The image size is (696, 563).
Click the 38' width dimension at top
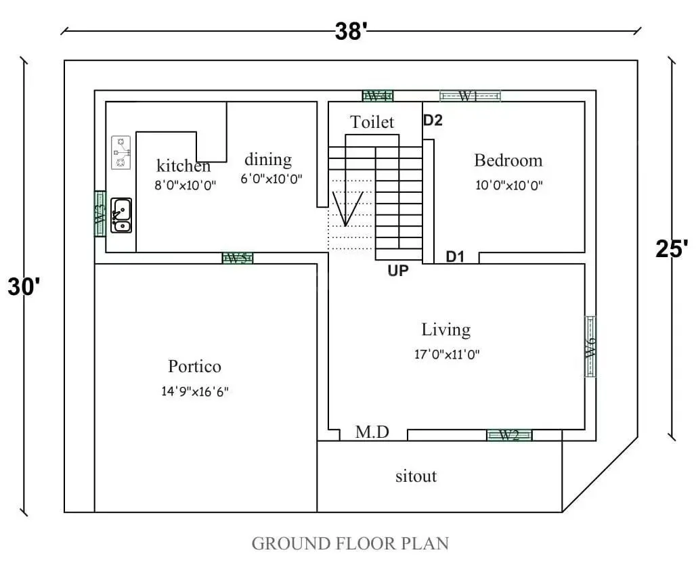pos(351,31)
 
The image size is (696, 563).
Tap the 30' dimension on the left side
pos(24,286)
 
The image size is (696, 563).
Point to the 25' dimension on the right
pos(672,249)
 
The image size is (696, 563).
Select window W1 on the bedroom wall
pos(470,96)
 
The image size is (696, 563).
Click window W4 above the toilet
pos(378,96)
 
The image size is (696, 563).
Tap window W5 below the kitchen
pos(238,258)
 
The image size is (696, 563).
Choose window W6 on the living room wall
pos(590,346)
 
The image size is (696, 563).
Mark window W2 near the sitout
pos(509,435)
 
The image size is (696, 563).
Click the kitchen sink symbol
pos(122,215)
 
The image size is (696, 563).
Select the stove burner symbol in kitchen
pos(121,153)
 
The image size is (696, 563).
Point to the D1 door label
pos(455,256)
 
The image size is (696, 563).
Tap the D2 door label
pos(433,120)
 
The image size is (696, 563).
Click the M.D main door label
pos(372,432)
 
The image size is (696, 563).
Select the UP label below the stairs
pos(398,271)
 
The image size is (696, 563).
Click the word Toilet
pos(372,122)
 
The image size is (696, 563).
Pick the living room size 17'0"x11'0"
pos(447,354)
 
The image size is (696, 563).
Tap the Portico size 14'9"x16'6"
pos(194,391)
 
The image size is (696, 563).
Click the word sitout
pos(416,476)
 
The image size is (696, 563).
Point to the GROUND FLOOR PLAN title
pos(350,543)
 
